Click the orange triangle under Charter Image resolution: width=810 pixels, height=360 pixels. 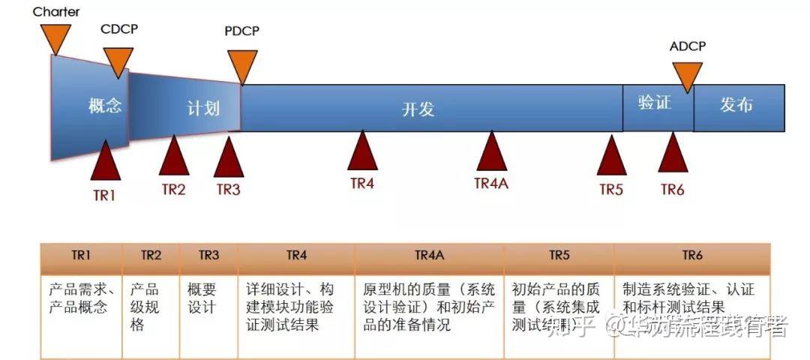point(55,37)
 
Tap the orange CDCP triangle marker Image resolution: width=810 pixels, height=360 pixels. point(118,61)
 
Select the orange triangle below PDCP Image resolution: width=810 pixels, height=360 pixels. point(241,65)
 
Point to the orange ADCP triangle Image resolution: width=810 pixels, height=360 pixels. point(687,75)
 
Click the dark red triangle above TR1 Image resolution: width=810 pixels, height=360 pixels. point(105,161)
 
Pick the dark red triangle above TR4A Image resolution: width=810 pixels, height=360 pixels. point(491,153)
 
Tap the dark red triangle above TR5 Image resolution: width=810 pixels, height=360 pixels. point(611,156)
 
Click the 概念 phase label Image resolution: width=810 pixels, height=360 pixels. point(104,106)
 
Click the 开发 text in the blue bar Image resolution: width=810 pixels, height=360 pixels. point(418,109)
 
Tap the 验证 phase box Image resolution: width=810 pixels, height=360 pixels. point(655,103)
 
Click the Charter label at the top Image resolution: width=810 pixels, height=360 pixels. point(56,12)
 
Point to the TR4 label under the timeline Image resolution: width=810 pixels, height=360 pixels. point(361,184)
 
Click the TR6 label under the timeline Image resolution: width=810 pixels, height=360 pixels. point(672,190)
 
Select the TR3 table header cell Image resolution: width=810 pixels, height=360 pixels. point(208,256)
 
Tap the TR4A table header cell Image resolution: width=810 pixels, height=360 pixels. point(429,256)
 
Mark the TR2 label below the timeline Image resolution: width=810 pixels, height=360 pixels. point(173,189)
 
